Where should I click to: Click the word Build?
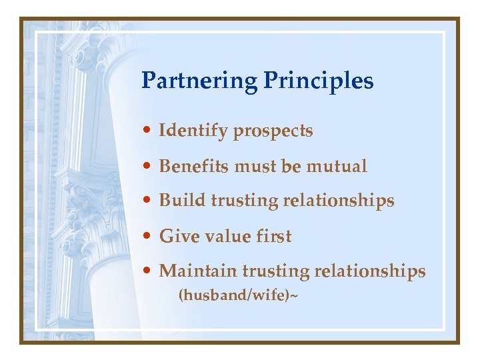click(x=180, y=201)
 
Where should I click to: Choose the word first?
click(x=273, y=236)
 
